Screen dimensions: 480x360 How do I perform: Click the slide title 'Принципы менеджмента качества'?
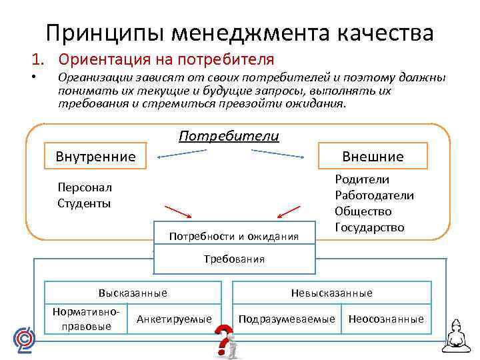240,32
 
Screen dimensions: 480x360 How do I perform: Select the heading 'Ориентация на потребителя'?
167,59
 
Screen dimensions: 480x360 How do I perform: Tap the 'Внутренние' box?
95,157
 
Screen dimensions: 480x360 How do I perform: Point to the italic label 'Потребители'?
229,136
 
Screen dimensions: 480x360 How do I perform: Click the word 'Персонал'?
85,187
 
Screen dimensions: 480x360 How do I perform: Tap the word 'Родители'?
362,179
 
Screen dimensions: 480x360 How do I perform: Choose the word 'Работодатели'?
374,195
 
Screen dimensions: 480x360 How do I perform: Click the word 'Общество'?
363,211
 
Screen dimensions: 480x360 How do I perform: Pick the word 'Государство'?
369,227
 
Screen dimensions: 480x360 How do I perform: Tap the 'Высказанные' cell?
133,293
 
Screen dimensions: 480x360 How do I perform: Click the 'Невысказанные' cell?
331,293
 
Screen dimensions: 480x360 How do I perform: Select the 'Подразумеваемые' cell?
287,319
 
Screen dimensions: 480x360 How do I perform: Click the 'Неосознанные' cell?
386,319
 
